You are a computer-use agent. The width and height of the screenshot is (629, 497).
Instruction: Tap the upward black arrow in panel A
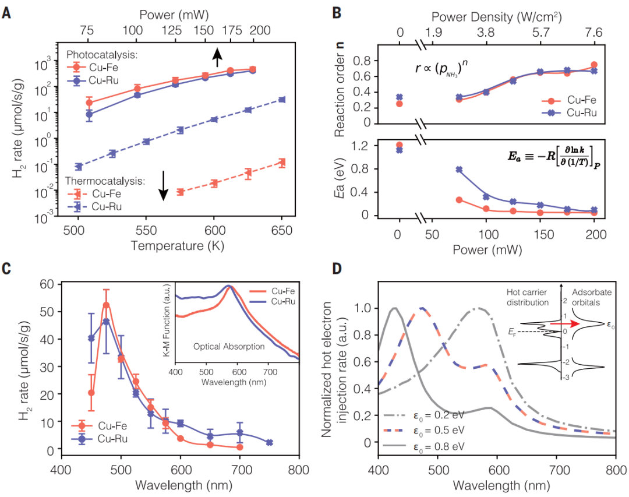[217, 57]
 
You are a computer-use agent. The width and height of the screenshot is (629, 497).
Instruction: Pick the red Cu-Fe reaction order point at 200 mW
[594, 65]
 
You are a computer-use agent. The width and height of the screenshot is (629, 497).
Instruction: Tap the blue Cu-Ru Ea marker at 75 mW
[459, 170]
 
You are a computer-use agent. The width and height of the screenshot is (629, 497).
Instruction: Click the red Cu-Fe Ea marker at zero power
[400, 145]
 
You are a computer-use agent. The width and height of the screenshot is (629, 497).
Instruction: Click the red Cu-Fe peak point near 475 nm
[106, 305]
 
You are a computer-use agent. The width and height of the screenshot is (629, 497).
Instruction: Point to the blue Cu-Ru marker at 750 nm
[269, 443]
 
